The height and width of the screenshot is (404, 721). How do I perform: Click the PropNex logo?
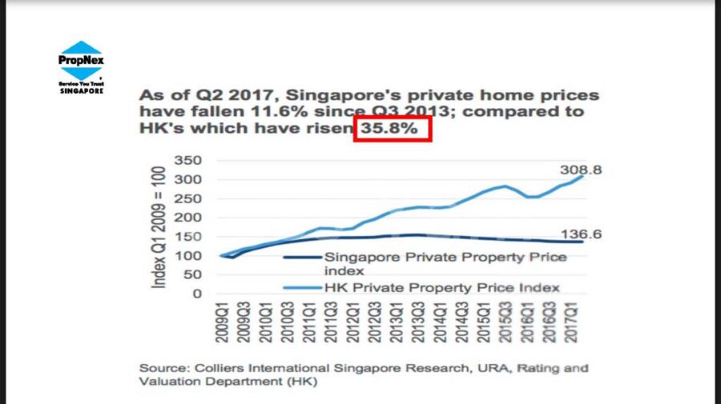coord(81,61)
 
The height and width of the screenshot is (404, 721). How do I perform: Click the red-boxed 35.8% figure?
coord(393,129)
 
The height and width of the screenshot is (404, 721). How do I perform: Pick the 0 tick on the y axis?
coord(195,294)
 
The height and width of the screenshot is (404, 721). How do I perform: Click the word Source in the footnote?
coord(163,368)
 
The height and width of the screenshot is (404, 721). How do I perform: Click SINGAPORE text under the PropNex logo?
coord(81,90)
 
